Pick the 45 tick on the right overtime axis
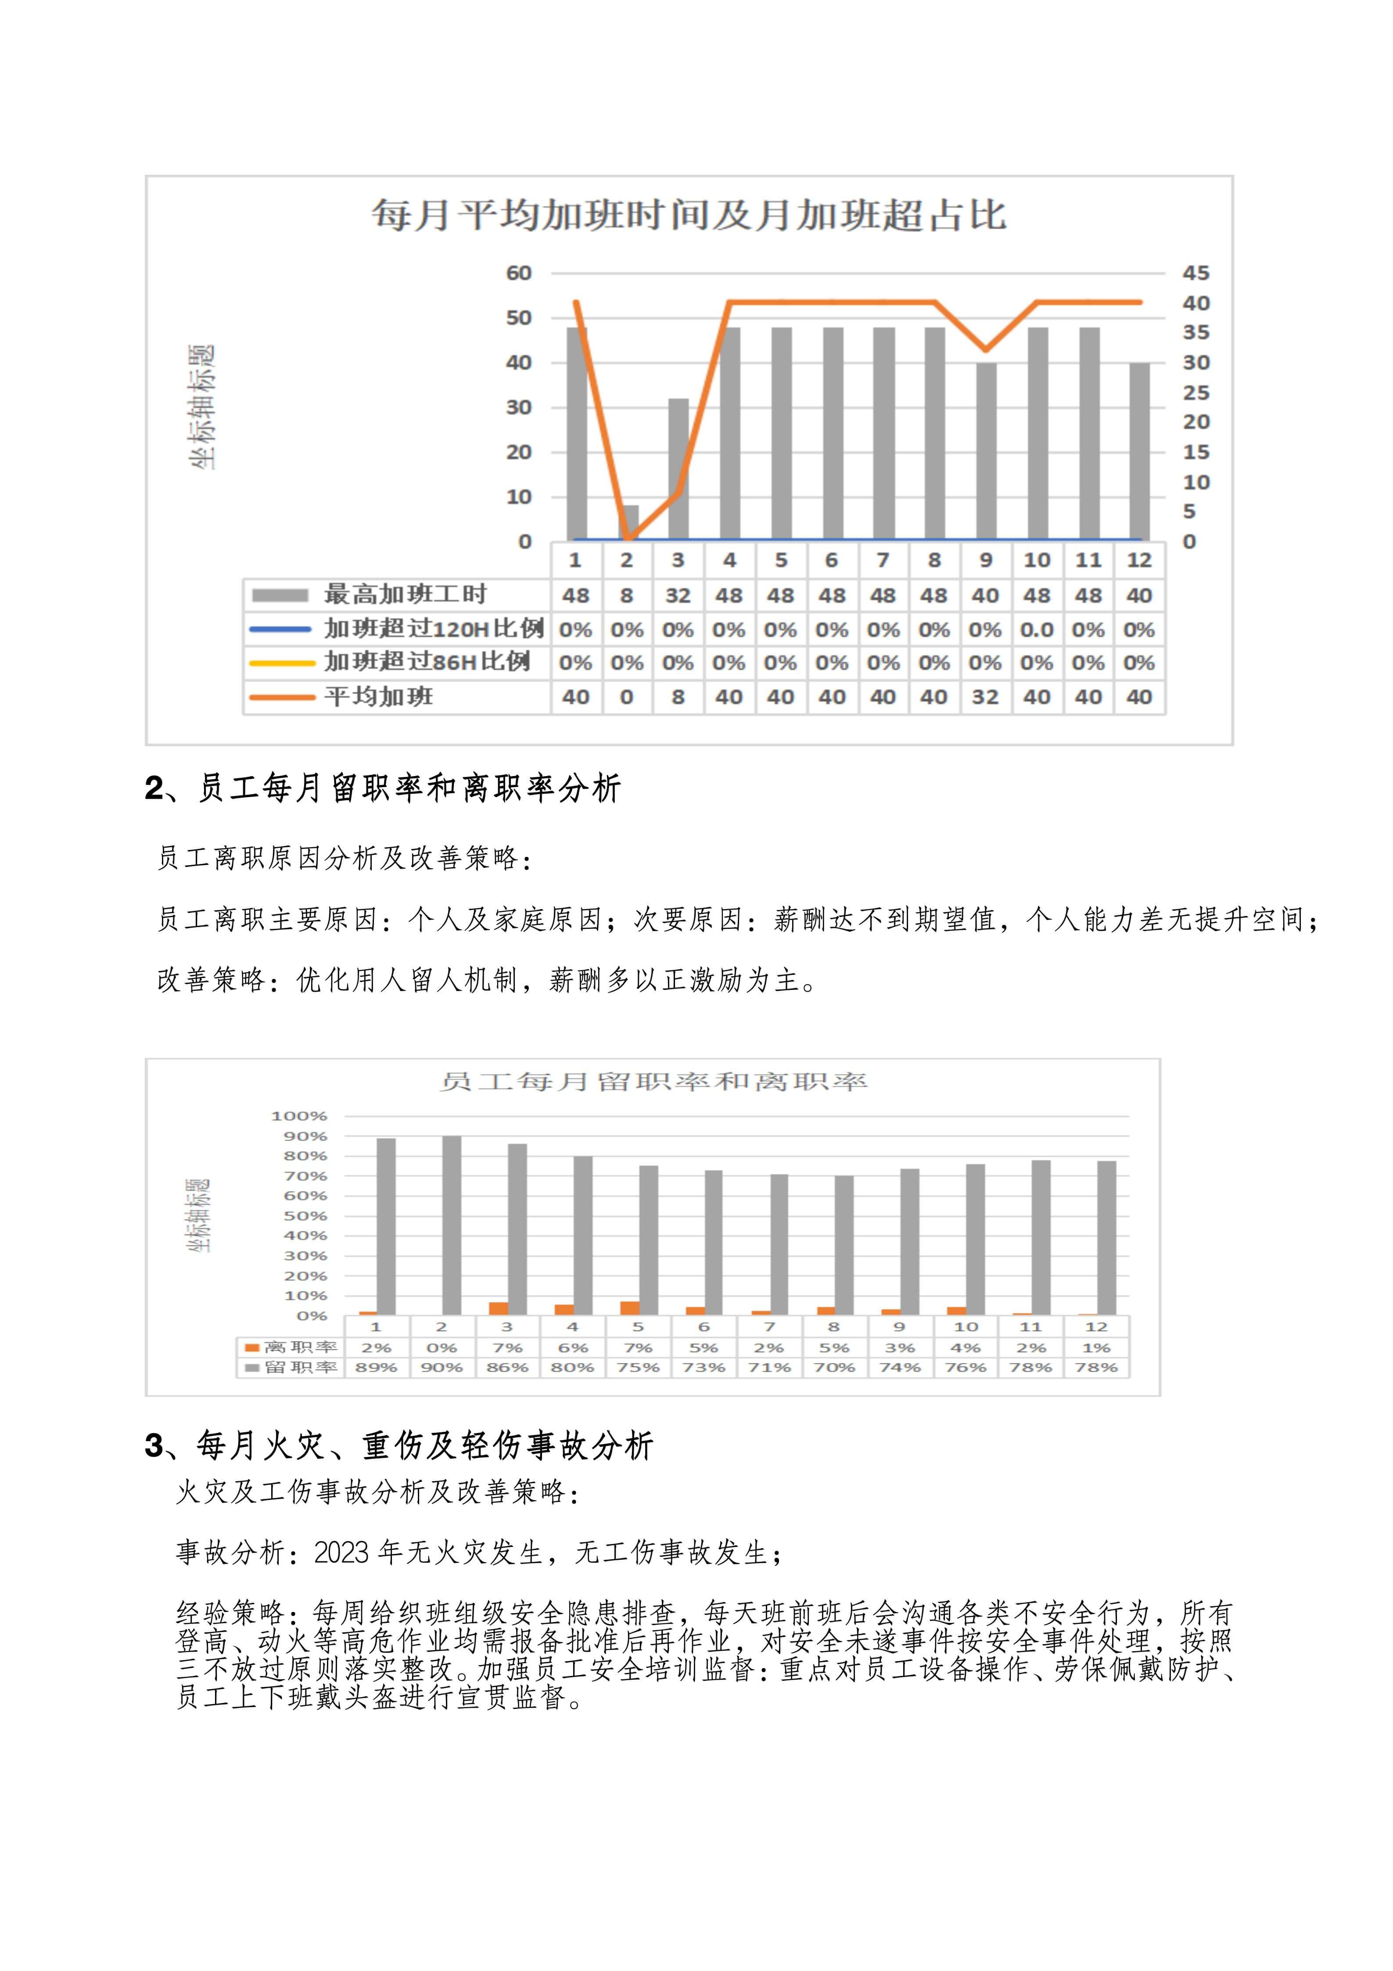(x=1196, y=273)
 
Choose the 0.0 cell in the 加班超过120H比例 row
(x=1037, y=629)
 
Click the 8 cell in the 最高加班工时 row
(x=627, y=595)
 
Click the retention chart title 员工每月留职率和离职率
(x=653, y=1082)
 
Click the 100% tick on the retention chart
(x=299, y=1116)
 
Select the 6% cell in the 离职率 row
(x=572, y=1348)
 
